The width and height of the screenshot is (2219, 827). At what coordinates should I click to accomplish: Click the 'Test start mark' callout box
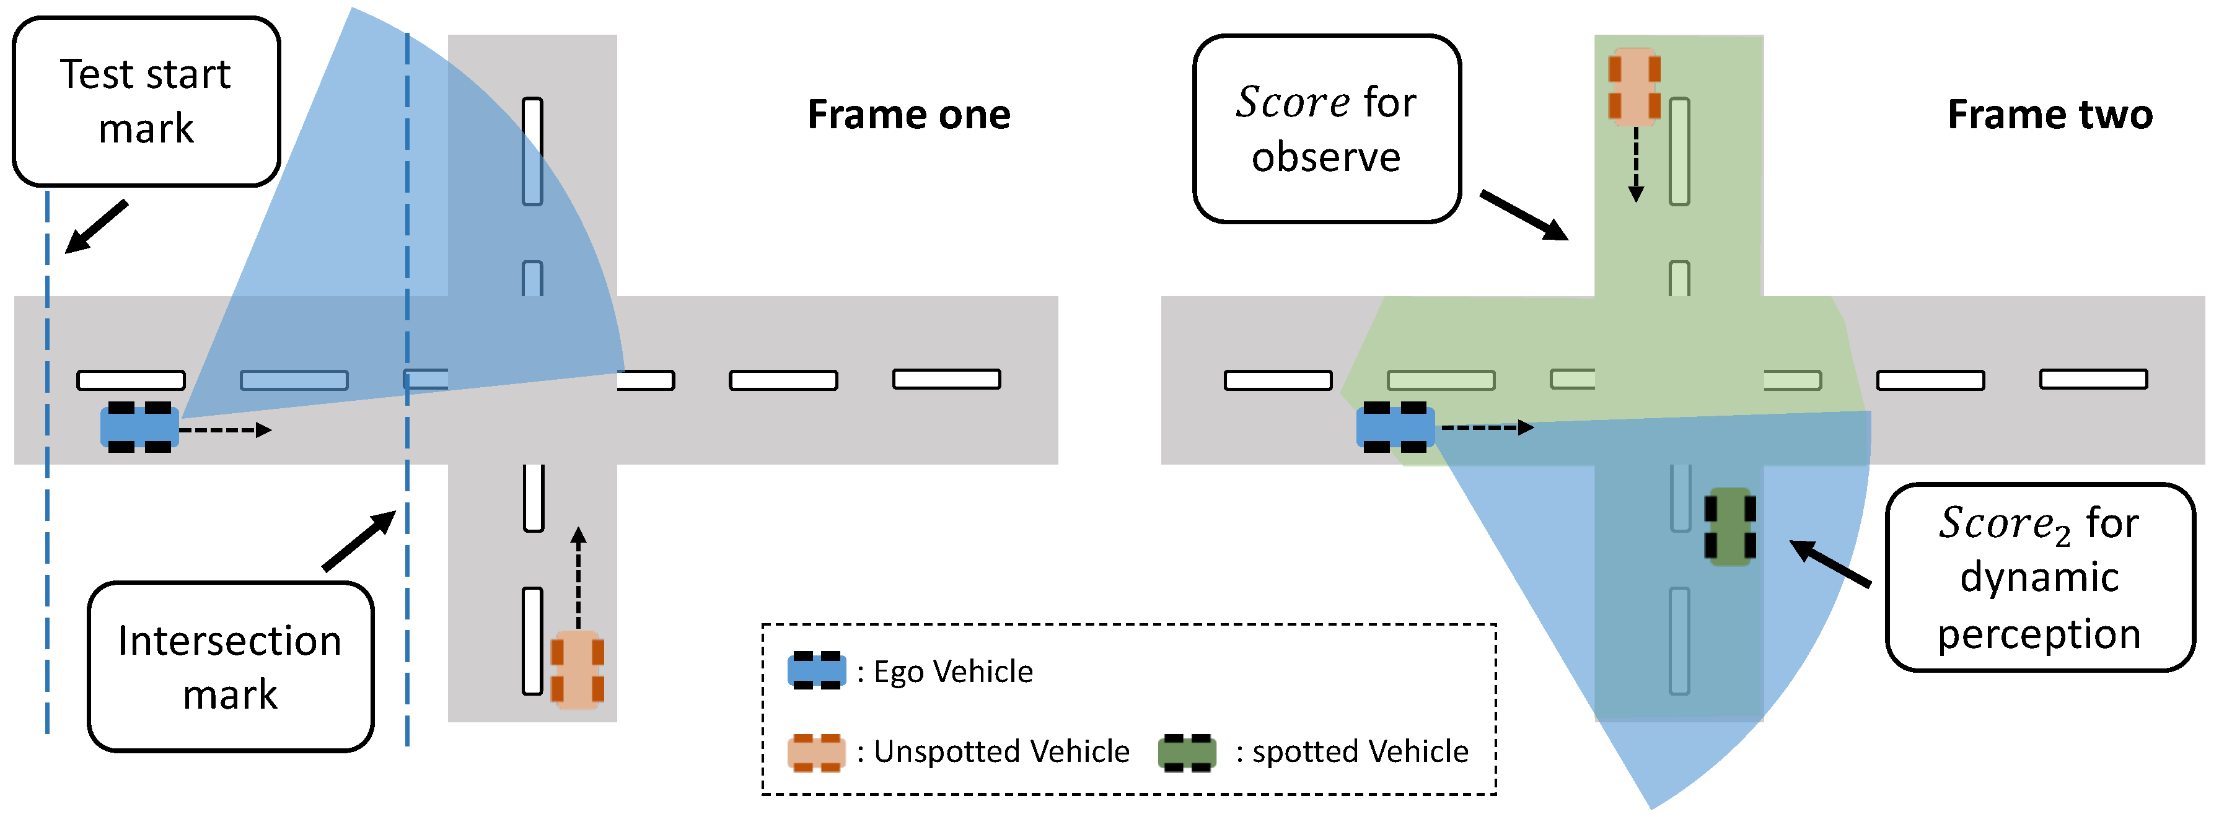(146, 101)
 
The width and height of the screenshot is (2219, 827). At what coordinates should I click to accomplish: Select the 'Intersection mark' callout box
(230, 666)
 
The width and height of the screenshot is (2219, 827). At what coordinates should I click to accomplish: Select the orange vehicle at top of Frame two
(1634, 87)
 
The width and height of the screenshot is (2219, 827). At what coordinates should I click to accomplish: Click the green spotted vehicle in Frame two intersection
(1729, 527)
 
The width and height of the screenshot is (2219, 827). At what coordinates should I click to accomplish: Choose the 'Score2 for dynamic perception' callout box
(2038, 577)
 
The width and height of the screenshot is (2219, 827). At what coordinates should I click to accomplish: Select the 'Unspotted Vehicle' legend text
(1001, 751)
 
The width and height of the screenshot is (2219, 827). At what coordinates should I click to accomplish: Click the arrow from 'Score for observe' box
(1523, 216)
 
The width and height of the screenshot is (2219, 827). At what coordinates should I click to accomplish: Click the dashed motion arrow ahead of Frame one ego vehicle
(226, 430)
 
